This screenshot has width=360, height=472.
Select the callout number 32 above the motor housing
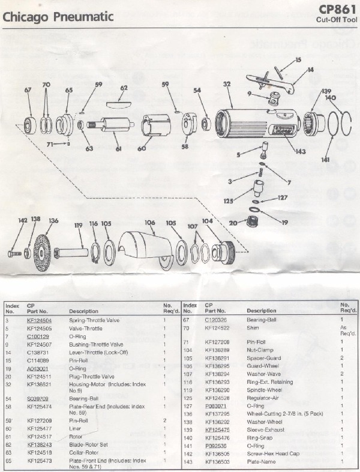pos(227,85)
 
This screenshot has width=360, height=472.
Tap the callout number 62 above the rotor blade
pos(124,88)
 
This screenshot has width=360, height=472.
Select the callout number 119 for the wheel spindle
pos(78,226)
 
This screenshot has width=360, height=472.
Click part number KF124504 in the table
pos(39,321)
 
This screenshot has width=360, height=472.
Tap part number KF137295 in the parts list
pos(217,414)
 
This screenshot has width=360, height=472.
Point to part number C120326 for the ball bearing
pos(216,321)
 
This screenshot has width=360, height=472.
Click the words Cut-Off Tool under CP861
pos(337,20)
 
